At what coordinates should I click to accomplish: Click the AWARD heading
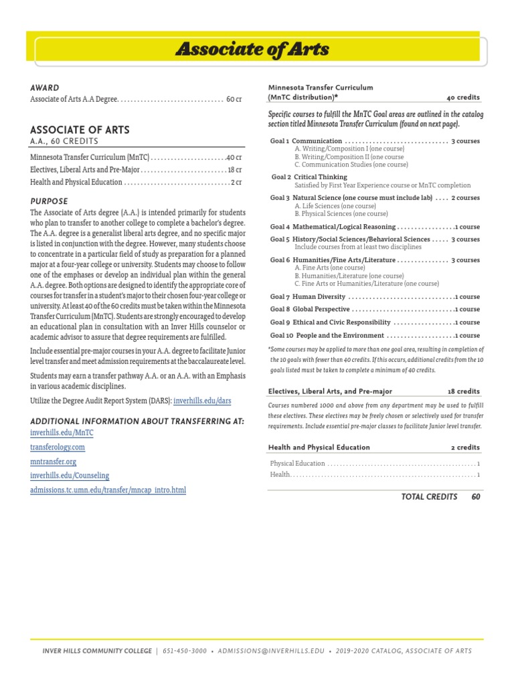click(x=45, y=88)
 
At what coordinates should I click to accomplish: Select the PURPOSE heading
click(x=49, y=201)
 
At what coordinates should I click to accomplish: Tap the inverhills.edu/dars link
click(x=202, y=401)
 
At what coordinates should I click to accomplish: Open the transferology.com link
click(x=58, y=447)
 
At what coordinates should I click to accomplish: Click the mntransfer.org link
click(x=54, y=461)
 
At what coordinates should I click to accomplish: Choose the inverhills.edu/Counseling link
click(x=70, y=476)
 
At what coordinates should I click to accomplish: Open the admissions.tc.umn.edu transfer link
click(x=108, y=490)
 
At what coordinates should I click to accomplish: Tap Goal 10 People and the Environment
click(x=327, y=335)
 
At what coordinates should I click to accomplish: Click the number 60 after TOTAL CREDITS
click(x=475, y=496)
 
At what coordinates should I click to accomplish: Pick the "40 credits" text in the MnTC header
click(x=463, y=97)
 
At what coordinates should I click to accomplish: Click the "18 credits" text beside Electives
click(x=463, y=391)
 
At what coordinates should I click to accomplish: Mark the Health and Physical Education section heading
click(x=319, y=447)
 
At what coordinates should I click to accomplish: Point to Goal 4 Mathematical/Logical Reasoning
click(x=333, y=227)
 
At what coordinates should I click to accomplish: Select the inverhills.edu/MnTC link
click(x=62, y=433)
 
